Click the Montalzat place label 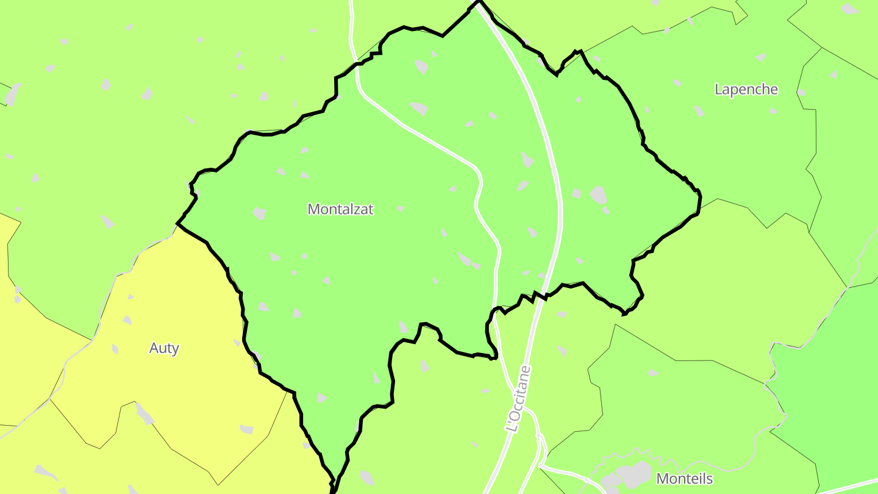pyautogui.click(x=340, y=209)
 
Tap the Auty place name pyautogui.click(x=164, y=348)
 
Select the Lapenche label pyautogui.click(x=746, y=89)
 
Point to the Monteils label pyautogui.click(x=684, y=479)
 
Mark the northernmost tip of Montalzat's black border pyautogui.click(x=479, y=2)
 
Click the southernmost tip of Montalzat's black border pyautogui.click(x=333, y=491)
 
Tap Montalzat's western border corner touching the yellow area pyautogui.click(x=177, y=224)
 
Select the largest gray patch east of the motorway pyautogui.click(x=599, y=195)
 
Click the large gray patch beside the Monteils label pyautogui.click(x=634, y=473)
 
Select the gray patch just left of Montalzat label pyautogui.click(x=260, y=213)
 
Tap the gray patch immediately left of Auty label pyautogui.click(x=115, y=348)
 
